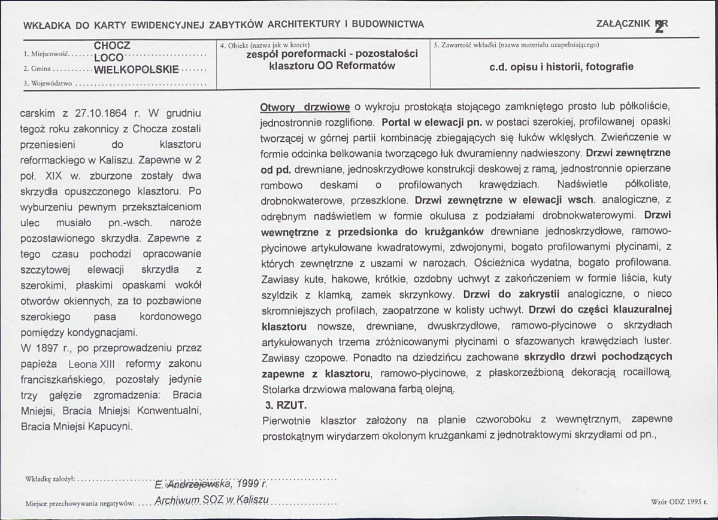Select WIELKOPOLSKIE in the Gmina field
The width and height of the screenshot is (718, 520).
(x=137, y=69)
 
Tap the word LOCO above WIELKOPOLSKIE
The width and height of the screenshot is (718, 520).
(x=108, y=57)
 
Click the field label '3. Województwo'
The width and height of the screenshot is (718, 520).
(x=47, y=84)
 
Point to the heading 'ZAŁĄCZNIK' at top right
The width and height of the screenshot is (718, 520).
(x=623, y=24)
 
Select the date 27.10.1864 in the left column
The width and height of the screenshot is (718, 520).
(x=102, y=112)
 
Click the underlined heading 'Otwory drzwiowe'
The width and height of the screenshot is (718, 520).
(x=305, y=108)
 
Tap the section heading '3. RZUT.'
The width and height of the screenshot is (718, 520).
(x=286, y=405)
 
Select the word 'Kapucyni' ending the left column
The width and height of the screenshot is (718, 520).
(x=112, y=427)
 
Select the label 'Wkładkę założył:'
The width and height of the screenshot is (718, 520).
(x=50, y=479)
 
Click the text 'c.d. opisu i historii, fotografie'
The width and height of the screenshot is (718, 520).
(x=561, y=67)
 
